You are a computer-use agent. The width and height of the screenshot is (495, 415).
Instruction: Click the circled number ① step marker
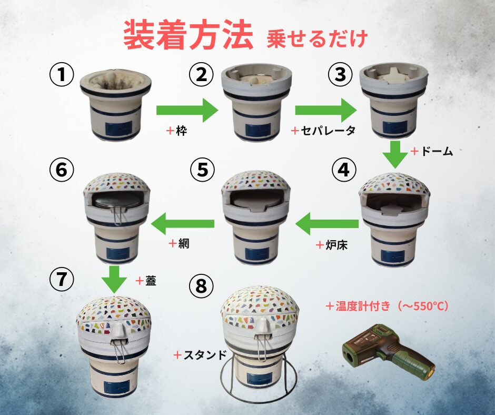(62, 75)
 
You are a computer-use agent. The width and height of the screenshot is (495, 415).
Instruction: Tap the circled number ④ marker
(343, 170)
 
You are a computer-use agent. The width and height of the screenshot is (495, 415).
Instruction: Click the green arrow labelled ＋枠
(187, 110)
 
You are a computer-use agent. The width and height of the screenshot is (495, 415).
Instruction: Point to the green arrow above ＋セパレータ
(326, 110)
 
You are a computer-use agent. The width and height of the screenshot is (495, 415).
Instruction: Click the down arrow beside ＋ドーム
(395, 154)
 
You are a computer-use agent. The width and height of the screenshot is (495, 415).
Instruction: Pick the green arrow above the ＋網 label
(183, 224)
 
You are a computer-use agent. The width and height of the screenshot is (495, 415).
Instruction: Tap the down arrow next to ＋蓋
(114, 280)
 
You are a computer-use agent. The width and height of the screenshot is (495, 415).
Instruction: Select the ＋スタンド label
(200, 355)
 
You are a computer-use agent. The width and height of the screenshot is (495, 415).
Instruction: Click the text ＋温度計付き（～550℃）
(387, 306)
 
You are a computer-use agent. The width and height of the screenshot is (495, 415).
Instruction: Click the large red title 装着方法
(188, 35)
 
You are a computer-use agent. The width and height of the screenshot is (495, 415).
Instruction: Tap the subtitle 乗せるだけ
(317, 39)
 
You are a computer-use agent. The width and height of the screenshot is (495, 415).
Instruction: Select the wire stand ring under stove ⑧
(259, 380)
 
